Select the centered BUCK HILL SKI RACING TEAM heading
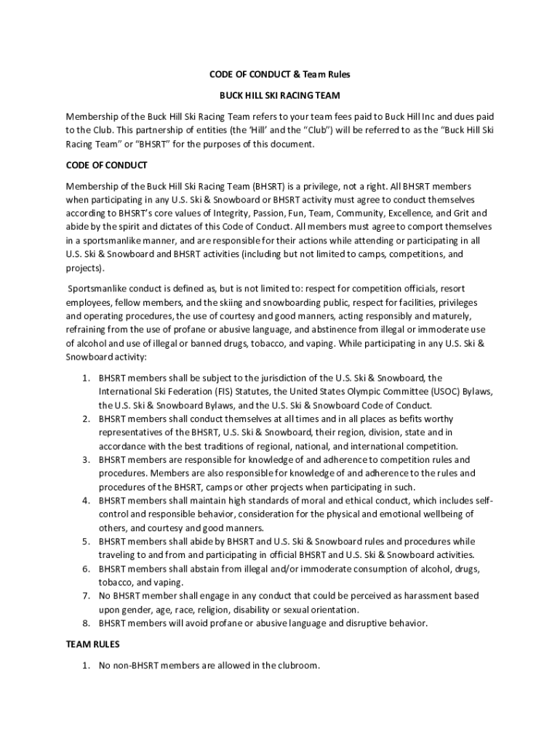click(x=280, y=95)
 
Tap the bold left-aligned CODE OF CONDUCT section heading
click(x=106, y=165)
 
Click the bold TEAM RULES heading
click(x=92, y=644)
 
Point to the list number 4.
click(x=85, y=501)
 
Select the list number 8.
click(x=85, y=623)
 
